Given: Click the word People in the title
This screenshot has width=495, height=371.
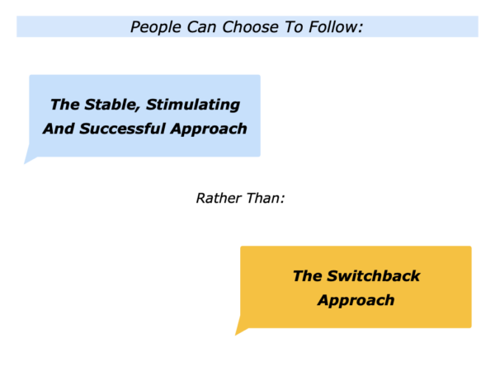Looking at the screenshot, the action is click(156, 27).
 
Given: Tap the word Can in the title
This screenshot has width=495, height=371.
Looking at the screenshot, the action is click(202, 27).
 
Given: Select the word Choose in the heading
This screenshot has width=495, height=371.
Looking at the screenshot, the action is click(250, 27).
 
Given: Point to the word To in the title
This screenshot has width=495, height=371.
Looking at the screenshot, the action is click(294, 27).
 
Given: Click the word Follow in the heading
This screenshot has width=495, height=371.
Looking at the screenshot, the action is click(333, 27).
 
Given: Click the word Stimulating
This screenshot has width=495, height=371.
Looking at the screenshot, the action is click(193, 105).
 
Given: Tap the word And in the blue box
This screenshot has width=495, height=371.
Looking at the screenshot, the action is click(59, 129).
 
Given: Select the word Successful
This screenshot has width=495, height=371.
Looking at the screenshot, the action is click(122, 129).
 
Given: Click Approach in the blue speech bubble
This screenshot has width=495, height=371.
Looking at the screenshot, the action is click(209, 129).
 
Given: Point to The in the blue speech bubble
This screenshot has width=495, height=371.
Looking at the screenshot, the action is click(64, 105).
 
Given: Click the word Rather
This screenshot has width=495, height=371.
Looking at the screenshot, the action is click(219, 198).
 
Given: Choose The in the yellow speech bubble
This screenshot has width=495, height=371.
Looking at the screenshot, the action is click(307, 275).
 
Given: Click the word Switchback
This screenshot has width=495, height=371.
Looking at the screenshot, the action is click(374, 275).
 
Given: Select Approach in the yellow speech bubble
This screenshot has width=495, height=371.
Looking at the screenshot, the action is click(356, 300).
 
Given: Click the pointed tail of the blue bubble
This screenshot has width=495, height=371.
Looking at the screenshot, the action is click(25, 163).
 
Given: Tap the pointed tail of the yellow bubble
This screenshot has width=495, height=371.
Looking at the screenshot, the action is click(235, 335).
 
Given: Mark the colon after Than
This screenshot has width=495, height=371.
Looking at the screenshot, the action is click(282, 200).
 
